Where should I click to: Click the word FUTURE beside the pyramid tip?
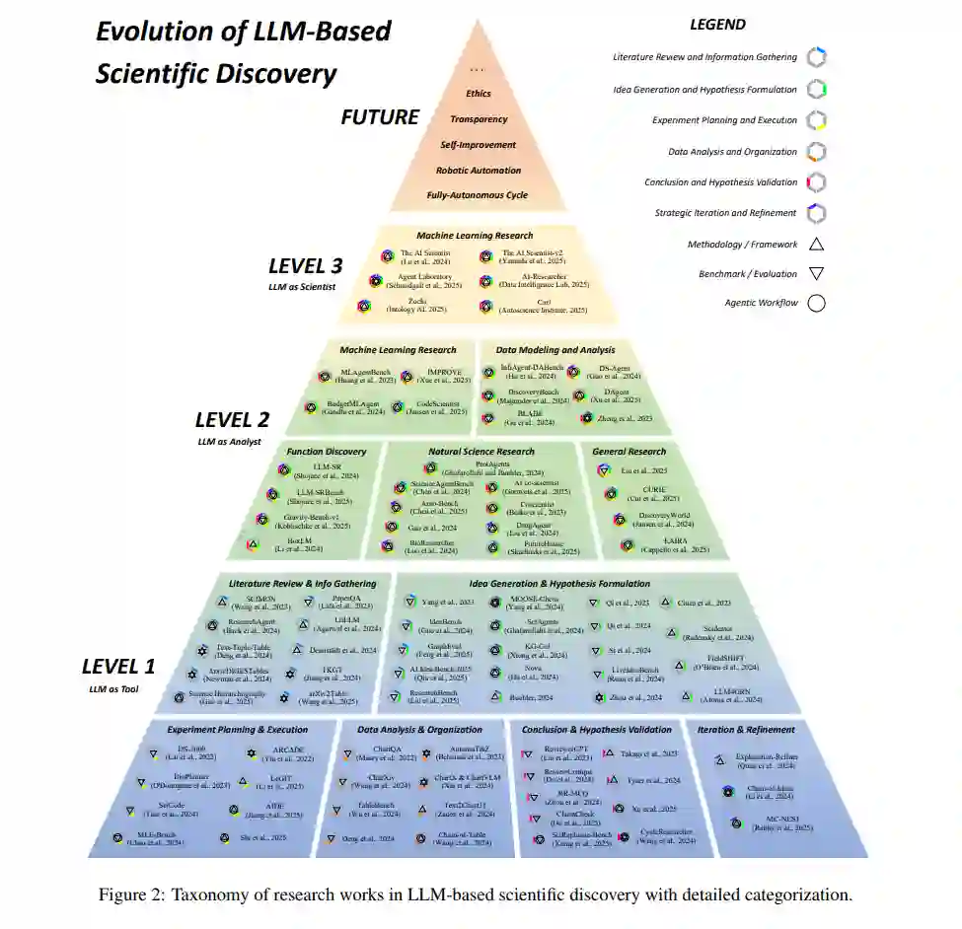(x=380, y=117)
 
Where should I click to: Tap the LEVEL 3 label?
(x=306, y=265)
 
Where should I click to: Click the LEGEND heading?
(x=717, y=24)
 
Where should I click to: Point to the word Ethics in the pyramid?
(x=479, y=94)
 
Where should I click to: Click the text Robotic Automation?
(x=479, y=170)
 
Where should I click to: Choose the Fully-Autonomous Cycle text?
(x=478, y=195)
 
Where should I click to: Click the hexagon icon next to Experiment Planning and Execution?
(x=816, y=120)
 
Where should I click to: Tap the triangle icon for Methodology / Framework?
(x=816, y=244)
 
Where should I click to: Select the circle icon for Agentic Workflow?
(x=816, y=303)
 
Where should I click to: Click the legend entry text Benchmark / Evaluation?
(x=748, y=273)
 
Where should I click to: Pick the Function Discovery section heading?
(x=327, y=452)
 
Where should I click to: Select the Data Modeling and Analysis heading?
(x=555, y=349)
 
